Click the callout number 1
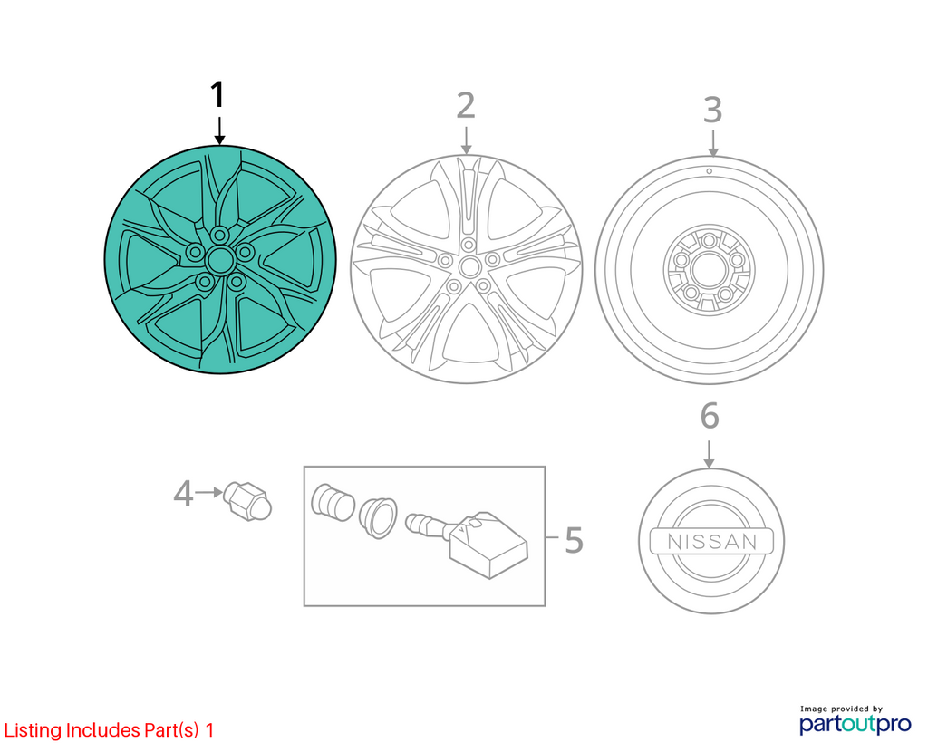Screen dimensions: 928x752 point(218,94)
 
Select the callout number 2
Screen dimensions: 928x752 point(466,106)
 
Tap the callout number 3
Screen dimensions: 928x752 point(712,110)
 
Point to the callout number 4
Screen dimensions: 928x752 point(183,494)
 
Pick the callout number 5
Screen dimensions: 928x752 point(574,540)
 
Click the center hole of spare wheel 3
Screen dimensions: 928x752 point(709,270)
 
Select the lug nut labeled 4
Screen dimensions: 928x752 point(248,501)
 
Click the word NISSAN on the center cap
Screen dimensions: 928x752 point(712,542)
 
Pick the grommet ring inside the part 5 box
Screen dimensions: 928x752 point(378,517)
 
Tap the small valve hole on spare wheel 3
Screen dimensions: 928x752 point(709,171)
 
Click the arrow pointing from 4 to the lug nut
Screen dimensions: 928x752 point(209,492)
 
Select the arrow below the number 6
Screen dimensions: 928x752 point(709,453)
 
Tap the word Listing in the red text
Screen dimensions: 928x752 point(33,730)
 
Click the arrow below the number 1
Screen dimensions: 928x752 point(219,130)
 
